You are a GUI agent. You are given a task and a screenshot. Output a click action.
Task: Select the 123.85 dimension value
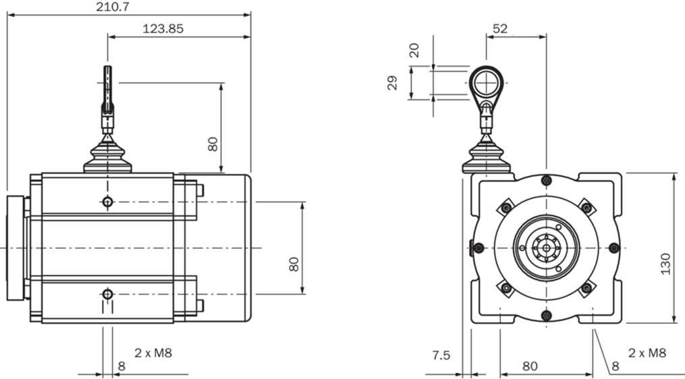pos(163,29)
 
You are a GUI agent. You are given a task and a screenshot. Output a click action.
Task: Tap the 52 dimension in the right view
pos(500,29)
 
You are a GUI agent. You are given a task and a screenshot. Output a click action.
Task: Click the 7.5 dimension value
pos(442,355)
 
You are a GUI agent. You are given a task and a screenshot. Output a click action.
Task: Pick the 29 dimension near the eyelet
pos(393,83)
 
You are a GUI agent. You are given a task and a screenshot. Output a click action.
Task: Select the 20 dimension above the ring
pos(414,51)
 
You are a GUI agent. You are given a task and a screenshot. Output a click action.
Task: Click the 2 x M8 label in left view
pos(153,353)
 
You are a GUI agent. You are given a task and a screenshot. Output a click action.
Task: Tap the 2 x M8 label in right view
pos(647,353)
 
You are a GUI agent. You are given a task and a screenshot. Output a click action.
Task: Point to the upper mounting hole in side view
pos(107,201)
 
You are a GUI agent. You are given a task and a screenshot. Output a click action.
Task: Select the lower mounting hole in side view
pos(107,294)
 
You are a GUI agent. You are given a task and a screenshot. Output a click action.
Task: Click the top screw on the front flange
pos(547,180)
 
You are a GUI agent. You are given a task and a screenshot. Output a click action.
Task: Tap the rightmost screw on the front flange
pos(613,247)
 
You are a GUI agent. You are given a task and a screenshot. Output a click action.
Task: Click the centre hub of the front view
pos(546,248)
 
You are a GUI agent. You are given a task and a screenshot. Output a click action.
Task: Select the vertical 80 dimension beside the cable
pos(213,144)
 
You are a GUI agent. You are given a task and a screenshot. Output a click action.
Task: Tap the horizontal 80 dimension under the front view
pos(530,366)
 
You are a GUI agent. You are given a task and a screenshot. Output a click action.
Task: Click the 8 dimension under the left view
pos(121,366)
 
